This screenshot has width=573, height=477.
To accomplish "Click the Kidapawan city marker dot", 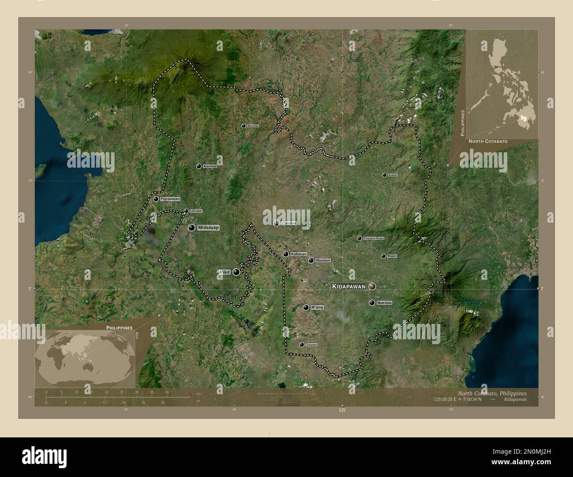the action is point(373,286).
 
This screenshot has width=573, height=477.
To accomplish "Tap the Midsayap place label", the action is point(208,227).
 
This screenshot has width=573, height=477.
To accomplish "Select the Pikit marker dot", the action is point(237,272).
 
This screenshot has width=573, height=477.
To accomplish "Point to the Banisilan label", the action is point(253,126).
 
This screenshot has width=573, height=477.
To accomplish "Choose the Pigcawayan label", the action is point(171,199).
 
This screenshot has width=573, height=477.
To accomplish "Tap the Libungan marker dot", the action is point(186,211).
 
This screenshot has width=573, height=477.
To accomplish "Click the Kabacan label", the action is point(298,254).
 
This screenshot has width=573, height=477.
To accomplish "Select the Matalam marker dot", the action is point(311,261).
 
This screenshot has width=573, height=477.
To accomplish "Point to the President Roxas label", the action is point(373,238).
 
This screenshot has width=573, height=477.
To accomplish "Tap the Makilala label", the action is point(384,303).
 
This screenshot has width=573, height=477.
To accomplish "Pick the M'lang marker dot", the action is point(306,308).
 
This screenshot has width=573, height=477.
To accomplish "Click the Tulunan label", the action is point(311,345).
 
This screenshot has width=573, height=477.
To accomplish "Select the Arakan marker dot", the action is point(384,175).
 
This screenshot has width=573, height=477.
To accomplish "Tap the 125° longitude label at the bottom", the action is point(342,411).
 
